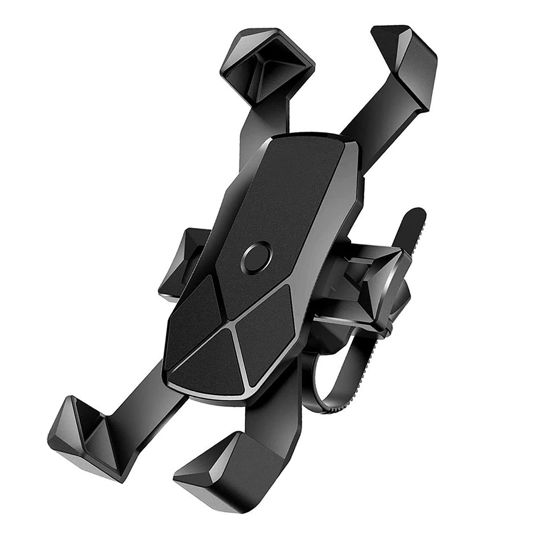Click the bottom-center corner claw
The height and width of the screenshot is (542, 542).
[231, 470]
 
